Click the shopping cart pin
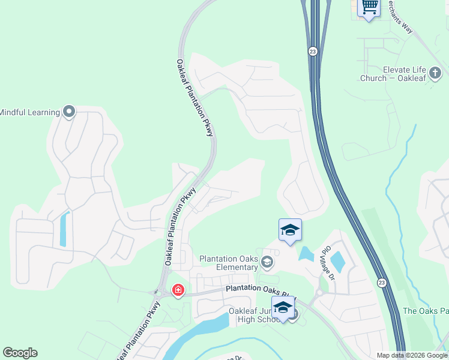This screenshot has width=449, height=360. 369,8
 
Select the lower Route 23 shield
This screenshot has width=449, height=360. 382,282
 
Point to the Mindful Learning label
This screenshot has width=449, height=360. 29,112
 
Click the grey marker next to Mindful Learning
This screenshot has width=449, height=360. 69,112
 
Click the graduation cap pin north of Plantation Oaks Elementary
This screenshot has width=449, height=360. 290,230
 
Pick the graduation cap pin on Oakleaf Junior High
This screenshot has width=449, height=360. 283,308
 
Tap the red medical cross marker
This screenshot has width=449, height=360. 178,291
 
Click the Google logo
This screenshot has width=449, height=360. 20,353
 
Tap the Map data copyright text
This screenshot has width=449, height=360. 412,355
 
